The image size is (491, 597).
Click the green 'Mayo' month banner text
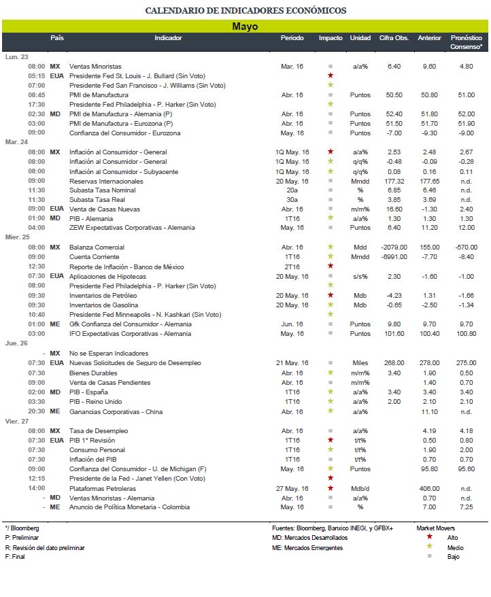click(x=245, y=27)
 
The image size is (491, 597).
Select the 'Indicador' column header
click(x=168, y=37)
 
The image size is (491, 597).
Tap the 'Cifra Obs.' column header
click(x=394, y=37)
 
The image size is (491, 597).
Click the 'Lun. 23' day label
click(x=17, y=56)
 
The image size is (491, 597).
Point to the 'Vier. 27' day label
click(x=17, y=421)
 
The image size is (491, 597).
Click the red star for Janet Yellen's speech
click(x=331, y=478)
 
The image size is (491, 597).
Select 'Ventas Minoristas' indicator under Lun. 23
click(x=95, y=66)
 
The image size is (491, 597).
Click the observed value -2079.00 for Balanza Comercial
click(x=394, y=247)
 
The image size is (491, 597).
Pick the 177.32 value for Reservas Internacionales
click(x=394, y=182)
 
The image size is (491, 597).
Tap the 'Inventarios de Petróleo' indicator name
click(x=103, y=296)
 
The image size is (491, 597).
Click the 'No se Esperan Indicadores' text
click(x=109, y=354)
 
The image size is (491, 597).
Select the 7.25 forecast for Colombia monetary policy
click(x=467, y=507)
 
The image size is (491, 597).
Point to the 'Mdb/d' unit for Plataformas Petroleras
click(x=360, y=488)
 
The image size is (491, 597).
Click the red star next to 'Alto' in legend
click(x=429, y=536)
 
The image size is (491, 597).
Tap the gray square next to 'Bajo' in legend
click(x=429, y=556)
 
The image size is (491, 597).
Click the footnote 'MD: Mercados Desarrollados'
click(x=309, y=538)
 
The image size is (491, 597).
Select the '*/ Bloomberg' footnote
click(x=22, y=528)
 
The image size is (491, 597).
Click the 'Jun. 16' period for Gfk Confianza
click(x=292, y=324)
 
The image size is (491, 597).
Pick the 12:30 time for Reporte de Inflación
click(x=37, y=266)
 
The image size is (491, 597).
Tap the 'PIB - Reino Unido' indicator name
click(x=96, y=401)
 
